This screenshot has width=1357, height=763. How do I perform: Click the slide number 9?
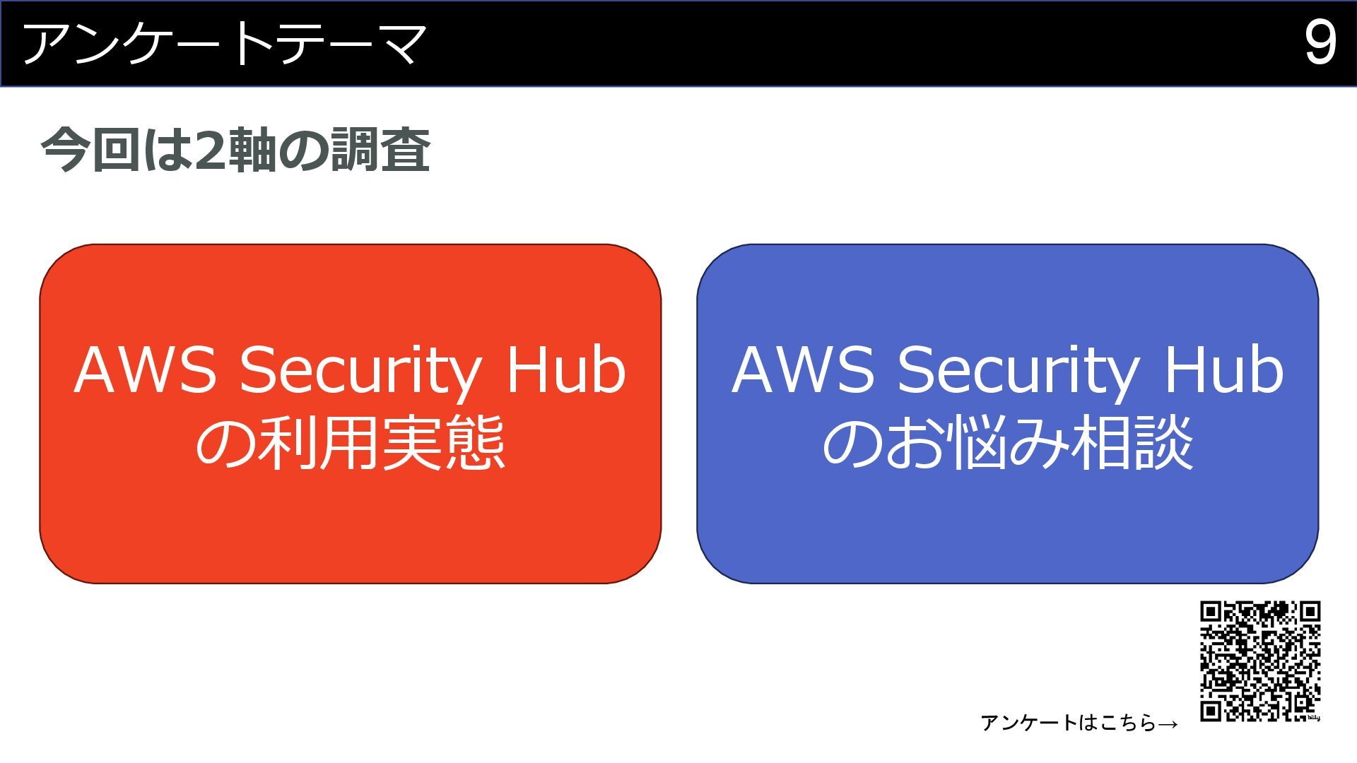(x=1320, y=44)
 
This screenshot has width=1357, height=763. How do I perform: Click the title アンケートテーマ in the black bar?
(x=225, y=44)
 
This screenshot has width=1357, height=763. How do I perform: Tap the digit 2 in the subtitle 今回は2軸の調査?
(x=210, y=150)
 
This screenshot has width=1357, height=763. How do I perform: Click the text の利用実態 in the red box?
(x=350, y=444)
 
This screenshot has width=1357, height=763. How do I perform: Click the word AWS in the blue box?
(x=803, y=371)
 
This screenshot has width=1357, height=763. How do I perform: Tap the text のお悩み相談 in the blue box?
(x=1008, y=444)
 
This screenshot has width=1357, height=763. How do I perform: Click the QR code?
(x=1260, y=661)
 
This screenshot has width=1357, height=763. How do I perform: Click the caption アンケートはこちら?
(x=1068, y=723)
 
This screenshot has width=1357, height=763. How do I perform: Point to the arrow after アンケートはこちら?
(x=1168, y=723)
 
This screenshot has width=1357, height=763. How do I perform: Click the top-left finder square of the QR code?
(x=1211, y=612)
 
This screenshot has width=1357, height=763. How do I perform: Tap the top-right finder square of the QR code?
(x=1310, y=612)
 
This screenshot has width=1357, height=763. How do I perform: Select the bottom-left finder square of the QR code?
(x=1211, y=710)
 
